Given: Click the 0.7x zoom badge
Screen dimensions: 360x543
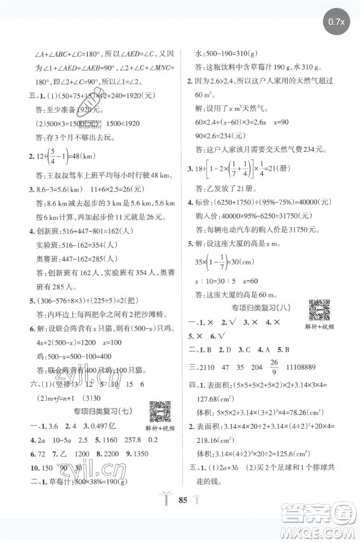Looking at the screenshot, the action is (x=335, y=19).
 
